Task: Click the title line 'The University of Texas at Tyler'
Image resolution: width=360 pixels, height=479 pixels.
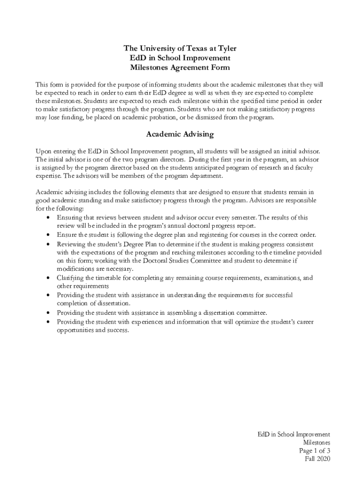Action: click(x=180, y=48)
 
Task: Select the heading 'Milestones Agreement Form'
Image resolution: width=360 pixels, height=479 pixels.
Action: click(x=180, y=67)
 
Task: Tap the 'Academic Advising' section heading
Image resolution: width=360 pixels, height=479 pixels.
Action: click(x=180, y=134)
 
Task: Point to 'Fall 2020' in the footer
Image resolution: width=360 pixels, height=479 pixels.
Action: click(x=317, y=459)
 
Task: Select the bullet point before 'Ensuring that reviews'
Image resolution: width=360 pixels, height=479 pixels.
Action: click(x=49, y=218)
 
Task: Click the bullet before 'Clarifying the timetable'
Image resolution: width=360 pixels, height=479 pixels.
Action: click(x=49, y=278)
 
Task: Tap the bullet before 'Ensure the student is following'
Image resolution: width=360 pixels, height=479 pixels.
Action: click(x=49, y=235)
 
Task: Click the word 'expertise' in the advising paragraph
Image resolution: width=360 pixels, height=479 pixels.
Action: click(x=48, y=176)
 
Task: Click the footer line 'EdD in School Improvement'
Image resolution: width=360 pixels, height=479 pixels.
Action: click(x=294, y=434)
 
